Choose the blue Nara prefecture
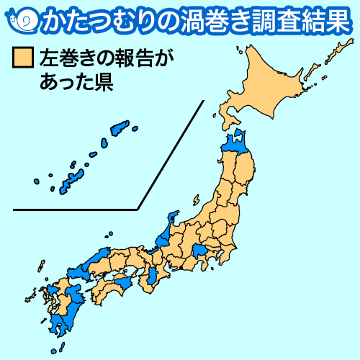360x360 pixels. (154, 276)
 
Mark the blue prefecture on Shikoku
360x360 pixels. (121, 283)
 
